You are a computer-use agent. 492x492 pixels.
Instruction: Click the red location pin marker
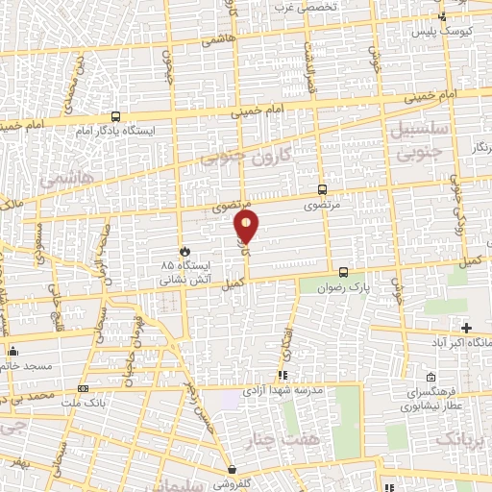click(247, 227)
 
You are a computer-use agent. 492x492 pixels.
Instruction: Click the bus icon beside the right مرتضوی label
click(322, 189)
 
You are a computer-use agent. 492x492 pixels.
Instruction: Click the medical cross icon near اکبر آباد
click(467, 329)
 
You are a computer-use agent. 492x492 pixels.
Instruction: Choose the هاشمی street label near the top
click(220, 41)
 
